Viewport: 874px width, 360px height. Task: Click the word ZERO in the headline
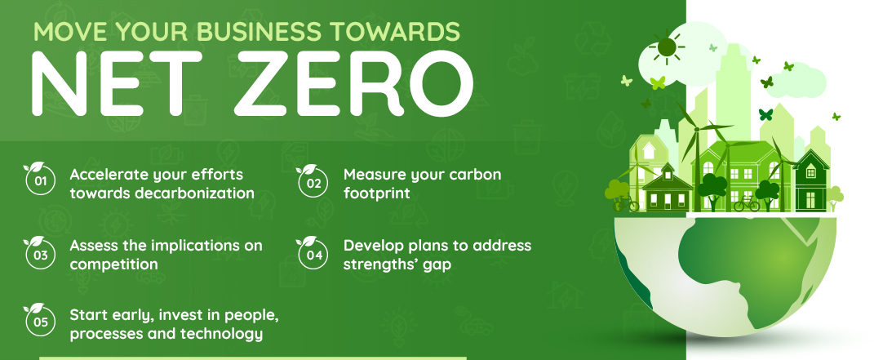coord(353,83)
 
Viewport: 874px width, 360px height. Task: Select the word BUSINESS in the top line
coord(260,32)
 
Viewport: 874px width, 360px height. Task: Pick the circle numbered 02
coord(313,182)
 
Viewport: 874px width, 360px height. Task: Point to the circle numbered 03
coord(40,255)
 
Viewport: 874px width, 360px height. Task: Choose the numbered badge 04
coord(313,255)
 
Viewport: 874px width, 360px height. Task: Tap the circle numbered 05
coord(40,322)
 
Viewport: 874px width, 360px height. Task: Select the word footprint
coord(377,193)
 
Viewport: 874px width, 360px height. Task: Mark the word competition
coord(113,264)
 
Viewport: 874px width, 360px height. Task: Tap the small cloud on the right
coord(797,82)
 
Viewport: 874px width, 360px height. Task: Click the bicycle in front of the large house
coord(747,203)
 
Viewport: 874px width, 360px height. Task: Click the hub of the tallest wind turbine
coord(696,128)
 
